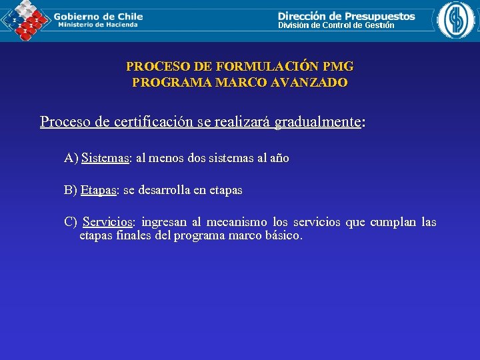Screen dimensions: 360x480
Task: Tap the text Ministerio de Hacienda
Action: click(x=98, y=25)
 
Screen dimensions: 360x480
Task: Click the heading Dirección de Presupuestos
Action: click(x=346, y=16)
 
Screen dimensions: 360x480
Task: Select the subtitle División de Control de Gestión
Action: click(x=336, y=25)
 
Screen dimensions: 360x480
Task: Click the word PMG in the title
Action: click(x=338, y=67)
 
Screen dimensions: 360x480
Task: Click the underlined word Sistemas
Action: click(x=105, y=159)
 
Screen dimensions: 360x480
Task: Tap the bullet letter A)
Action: click(x=71, y=159)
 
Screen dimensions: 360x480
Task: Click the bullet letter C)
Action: click(x=71, y=222)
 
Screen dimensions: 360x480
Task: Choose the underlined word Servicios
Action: click(x=108, y=222)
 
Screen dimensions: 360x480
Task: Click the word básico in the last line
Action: click(x=285, y=236)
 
